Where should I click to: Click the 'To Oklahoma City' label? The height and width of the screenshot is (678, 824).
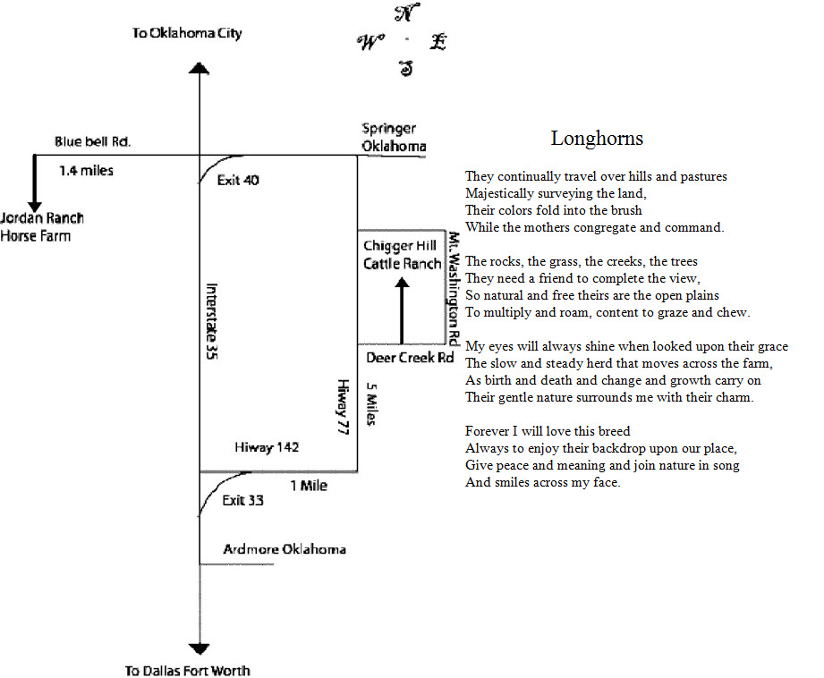point(187,33)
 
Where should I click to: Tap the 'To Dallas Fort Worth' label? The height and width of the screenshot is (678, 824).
point(188,671)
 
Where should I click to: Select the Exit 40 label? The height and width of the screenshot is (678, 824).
point(238,181)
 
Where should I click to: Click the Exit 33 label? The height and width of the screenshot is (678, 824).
point(242,500)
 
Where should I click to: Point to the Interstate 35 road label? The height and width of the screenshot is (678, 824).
point(211,321)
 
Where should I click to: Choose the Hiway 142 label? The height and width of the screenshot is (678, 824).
point(267,447)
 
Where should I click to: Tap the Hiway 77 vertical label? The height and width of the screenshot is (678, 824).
point(343,407)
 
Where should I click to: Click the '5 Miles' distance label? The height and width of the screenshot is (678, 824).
point(371,403)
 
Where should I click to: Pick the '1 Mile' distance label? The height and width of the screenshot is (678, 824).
point(309,486)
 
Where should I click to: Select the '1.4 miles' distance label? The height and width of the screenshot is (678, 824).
point(86,170)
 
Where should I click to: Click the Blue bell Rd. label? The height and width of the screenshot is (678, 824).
point(92,141)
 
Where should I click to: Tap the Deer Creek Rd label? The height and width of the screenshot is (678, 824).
point(410,358)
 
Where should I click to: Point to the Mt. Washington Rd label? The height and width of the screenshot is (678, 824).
point(454,288)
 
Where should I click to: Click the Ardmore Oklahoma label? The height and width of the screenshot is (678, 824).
point(285,549)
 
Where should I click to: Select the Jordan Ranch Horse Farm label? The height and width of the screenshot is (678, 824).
point(42,226)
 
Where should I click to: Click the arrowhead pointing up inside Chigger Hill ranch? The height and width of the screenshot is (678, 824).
point(402,284)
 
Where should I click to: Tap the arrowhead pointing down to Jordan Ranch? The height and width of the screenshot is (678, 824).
point(35,208)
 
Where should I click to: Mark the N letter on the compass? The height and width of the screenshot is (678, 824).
point(406,13)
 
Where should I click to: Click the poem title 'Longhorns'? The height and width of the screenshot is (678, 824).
point(597,139)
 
